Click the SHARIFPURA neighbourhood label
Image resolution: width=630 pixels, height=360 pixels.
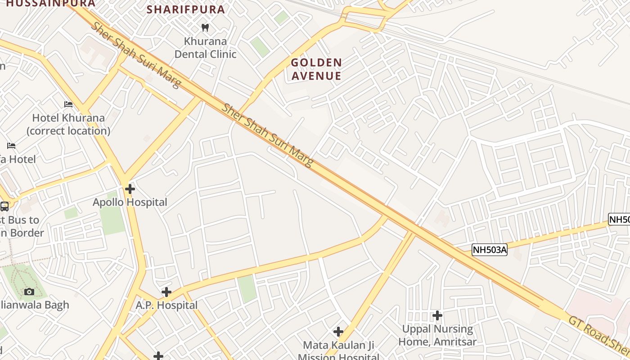185,9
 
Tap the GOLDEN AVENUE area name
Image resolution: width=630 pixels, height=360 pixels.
316,69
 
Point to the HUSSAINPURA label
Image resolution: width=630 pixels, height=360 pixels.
51,4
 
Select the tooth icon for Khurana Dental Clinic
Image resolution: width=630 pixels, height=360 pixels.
205,28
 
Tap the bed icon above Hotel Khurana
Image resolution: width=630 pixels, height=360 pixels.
68,104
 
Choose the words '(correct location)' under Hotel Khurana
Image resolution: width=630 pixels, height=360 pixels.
68,131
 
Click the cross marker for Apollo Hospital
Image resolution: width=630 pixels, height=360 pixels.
130,189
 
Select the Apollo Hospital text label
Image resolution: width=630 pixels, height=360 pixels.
130,202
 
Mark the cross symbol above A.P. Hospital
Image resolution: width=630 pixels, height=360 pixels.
166,292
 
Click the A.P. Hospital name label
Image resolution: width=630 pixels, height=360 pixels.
166,306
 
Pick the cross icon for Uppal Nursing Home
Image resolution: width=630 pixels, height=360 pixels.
437,315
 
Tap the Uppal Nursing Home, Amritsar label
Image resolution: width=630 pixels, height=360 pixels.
437,335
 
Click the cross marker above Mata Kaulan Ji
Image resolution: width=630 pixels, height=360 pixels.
338,332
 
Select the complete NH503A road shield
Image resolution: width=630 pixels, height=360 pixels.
490,250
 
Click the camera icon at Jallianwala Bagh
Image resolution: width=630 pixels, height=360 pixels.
29,292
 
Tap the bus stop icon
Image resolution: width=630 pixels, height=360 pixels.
4,207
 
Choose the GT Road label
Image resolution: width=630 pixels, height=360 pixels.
585,328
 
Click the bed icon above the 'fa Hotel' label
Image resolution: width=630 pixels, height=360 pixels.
12,146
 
